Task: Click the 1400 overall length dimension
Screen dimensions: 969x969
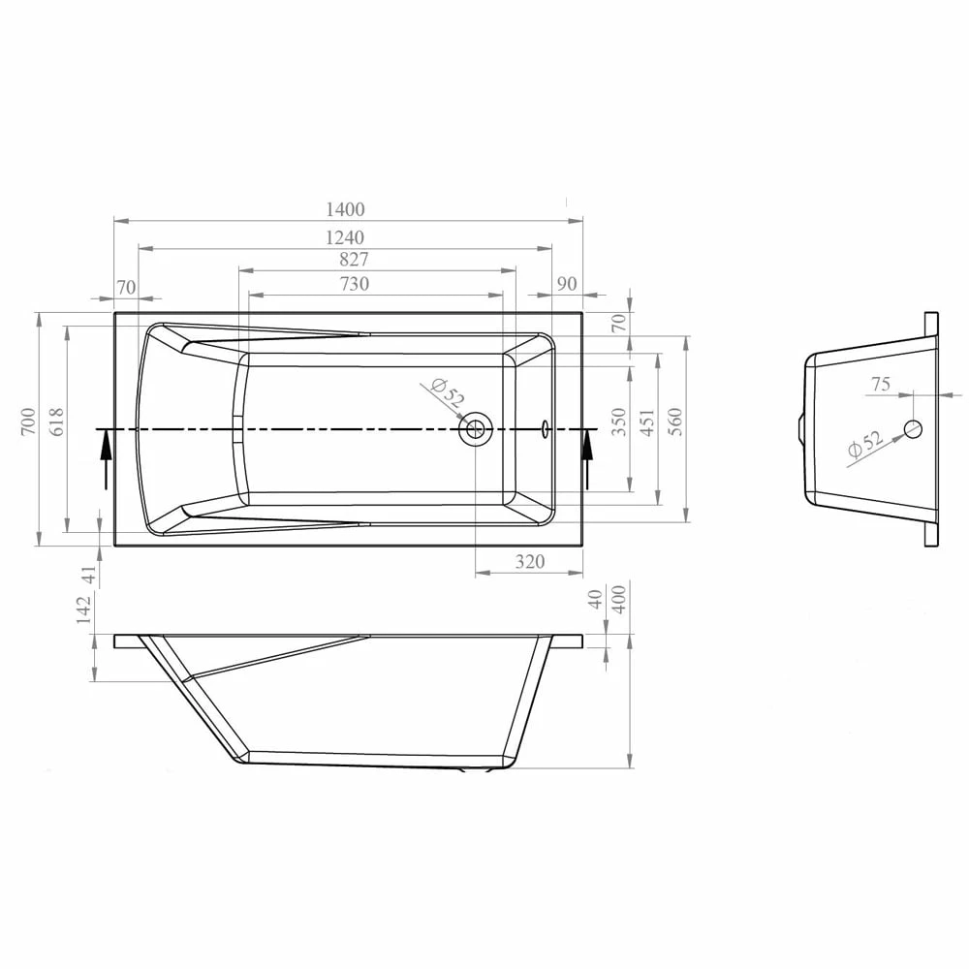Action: click(x=346, y=209)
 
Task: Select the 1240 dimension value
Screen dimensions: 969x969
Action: click(x=346, y=237)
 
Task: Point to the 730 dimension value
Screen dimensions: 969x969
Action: click(x=354, y=284)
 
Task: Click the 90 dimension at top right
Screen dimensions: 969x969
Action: click(x=568, y=284)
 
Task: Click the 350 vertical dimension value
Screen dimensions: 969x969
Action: click(x=620, y=422)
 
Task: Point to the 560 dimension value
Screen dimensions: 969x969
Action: click(x=675, y=422)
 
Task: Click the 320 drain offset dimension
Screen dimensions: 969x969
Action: click(x=530, y=562)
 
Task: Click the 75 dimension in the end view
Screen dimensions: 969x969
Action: click(x=880, y=385)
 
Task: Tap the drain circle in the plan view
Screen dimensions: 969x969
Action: click(x=476, y=428)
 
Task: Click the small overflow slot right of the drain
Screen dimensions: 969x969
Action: click(x=546, y=427)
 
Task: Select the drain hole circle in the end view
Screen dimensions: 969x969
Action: click(x=913, y=428)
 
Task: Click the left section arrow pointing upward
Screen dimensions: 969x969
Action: click(x=105, y=457)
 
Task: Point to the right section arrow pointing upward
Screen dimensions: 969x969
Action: click(x=587, y=457)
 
